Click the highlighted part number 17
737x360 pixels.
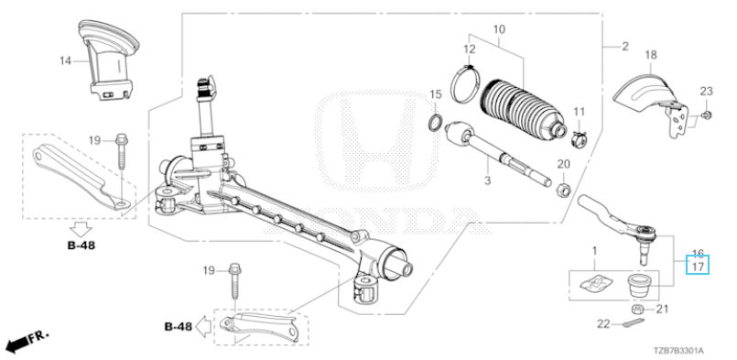point(699,267)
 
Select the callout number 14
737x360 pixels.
point(65,60)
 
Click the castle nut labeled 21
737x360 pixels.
point(637,310)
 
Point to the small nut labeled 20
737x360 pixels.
point(563,190)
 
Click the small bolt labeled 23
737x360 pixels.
point(706,115)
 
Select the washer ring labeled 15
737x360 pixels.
point(436,123)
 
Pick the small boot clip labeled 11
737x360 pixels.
point(579,139)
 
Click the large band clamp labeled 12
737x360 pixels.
point(466,83)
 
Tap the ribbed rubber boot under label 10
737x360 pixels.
point(521,109)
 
